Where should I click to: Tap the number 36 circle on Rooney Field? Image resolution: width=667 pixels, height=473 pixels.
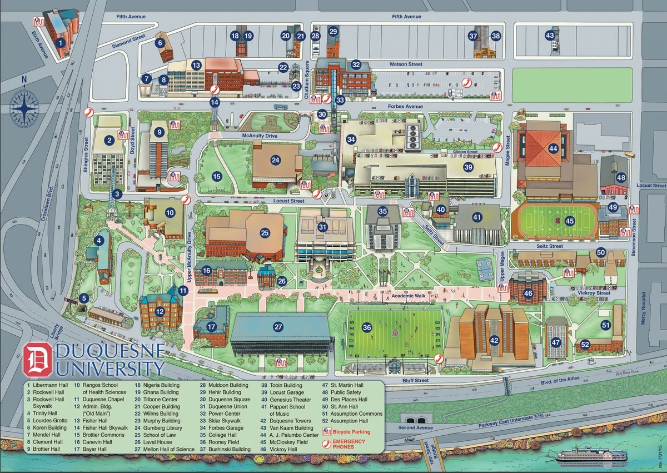pos(367,328)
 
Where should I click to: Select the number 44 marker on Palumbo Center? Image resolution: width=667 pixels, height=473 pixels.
pos(553,148)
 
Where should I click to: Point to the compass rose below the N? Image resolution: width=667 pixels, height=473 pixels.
pos(24,108)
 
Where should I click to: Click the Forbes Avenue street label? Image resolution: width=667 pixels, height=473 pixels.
pos(406,107)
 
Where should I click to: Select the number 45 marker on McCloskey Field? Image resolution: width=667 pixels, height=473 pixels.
pos(569,221)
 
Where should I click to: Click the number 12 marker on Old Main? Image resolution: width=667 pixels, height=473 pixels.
pos(160,311)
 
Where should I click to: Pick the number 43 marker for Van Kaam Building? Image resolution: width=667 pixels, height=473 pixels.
pos(550,36)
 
